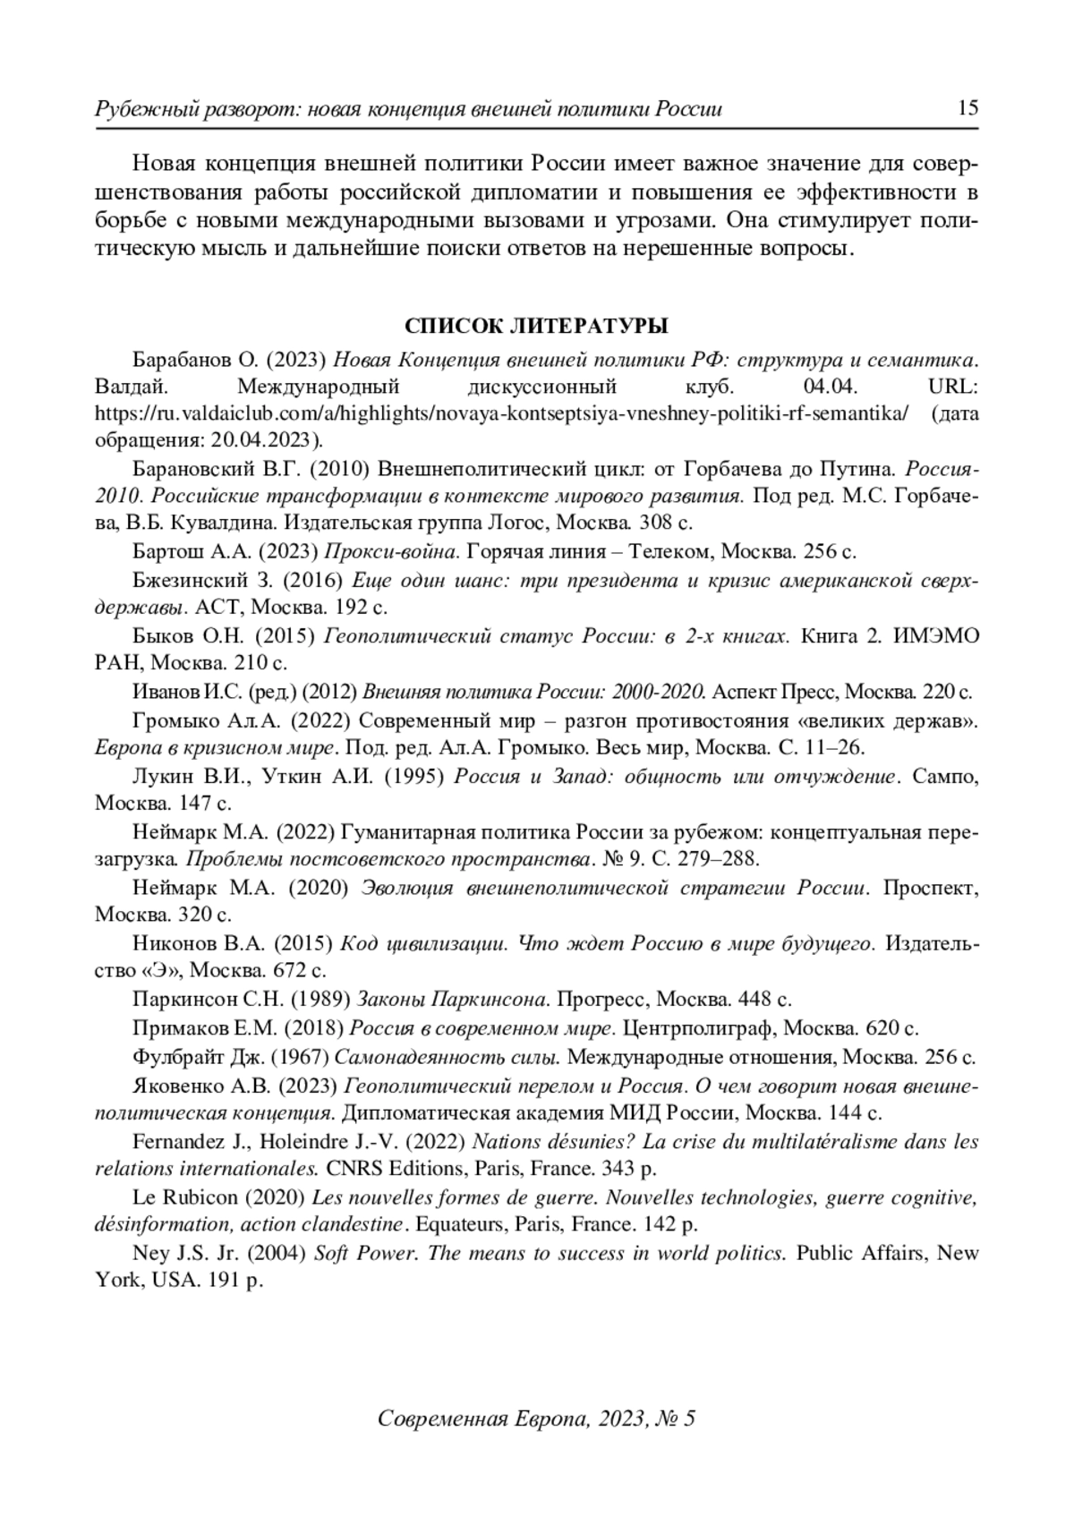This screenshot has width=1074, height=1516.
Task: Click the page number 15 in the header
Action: (x=967, y=109)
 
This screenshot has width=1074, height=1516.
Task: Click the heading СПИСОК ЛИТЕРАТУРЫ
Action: (x=536, y=325)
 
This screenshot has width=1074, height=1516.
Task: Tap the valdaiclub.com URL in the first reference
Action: (x=502, y=413)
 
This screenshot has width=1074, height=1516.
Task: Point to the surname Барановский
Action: (x=192, y=468)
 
